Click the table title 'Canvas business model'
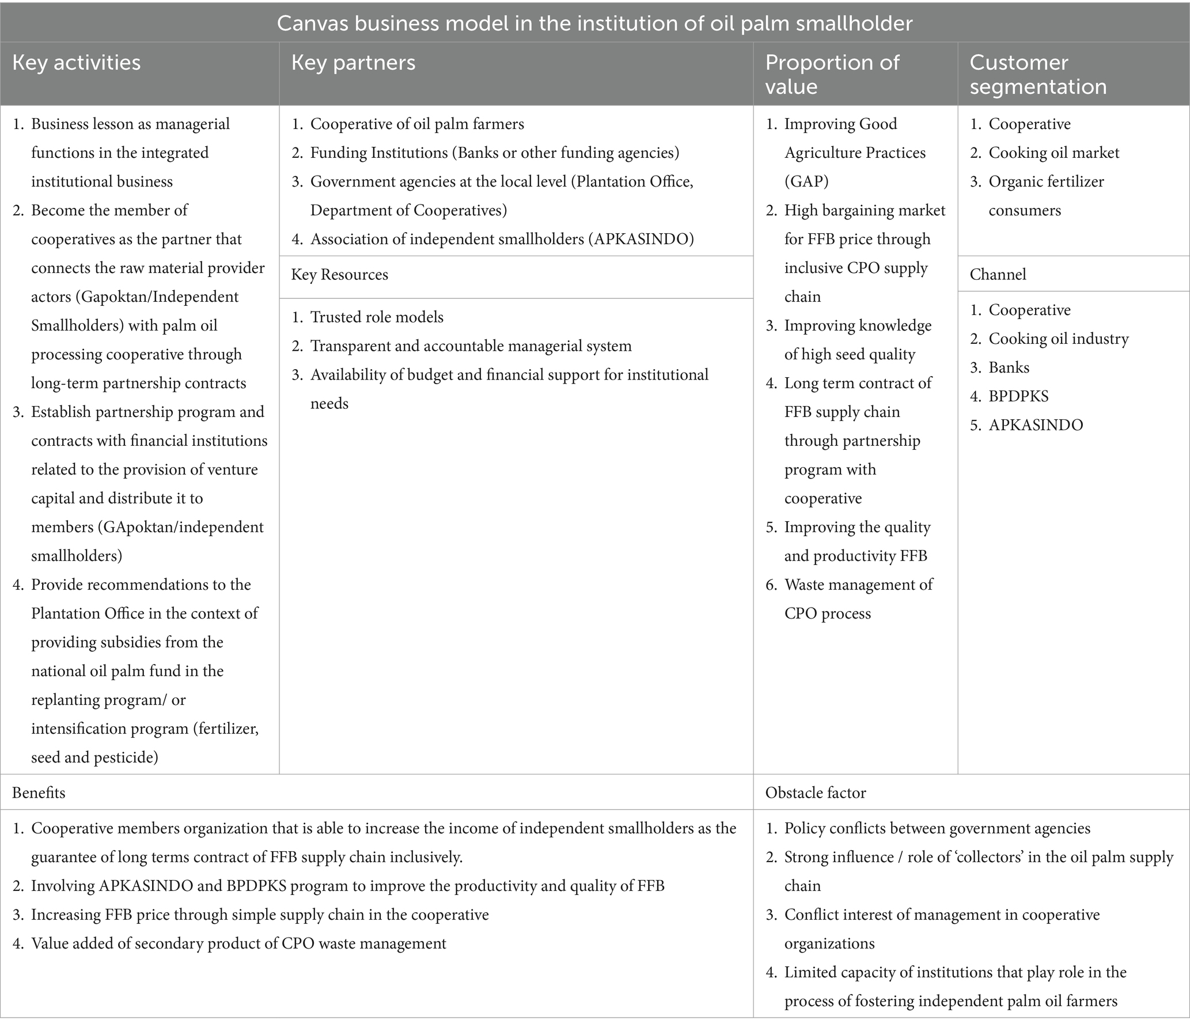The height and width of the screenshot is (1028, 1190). tap(594, 23)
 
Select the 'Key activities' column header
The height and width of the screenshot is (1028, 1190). tap(76, 63)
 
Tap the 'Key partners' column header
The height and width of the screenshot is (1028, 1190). tap(353, 63)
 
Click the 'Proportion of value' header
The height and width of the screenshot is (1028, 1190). tap(831, 74)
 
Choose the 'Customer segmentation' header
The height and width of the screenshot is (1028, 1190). tap(1038, 74)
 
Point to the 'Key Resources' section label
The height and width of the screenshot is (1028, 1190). tap(339, 275)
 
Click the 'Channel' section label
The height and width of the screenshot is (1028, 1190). tap(998, 275)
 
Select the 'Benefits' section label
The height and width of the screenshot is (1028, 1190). tap(39, 793)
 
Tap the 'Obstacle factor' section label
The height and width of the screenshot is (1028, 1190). tap(815, 793)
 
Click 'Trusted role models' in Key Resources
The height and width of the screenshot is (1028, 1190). tap(377, 317)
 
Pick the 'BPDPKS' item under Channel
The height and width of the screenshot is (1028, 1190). tap(1018, 396)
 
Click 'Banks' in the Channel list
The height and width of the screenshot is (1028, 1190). tap(1009, 367)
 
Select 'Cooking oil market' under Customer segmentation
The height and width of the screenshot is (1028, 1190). tap(1053, 153)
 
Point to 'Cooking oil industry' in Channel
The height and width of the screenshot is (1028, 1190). tap(1058, 339)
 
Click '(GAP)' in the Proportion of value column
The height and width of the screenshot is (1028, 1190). tap(806, 181)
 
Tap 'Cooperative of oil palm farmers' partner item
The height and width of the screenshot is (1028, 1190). tap(417, 124)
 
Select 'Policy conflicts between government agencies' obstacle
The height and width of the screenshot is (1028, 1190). tap(937, 829)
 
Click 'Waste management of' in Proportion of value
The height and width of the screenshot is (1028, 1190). tap(858, 585)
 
